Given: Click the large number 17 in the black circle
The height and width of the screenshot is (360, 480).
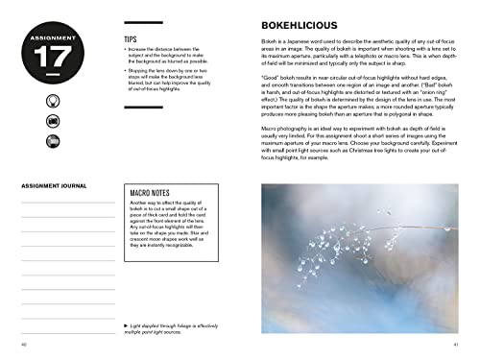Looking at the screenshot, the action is (52, 55).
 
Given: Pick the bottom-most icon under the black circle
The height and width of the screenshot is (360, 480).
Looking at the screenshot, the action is (52, 142).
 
